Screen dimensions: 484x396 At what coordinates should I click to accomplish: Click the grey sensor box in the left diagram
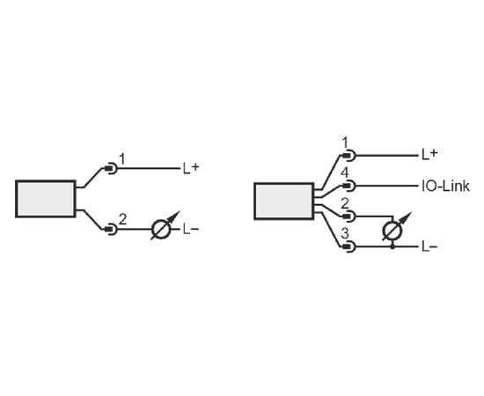click(46, 199)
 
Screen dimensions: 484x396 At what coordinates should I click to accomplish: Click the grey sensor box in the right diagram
click(284, 202)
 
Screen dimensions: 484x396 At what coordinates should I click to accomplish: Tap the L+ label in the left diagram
click(191, 168)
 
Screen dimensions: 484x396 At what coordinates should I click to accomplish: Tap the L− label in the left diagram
click(191, 230)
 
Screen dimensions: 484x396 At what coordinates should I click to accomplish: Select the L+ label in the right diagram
click(429, 154)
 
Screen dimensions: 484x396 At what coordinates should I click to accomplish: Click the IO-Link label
click(445, 186)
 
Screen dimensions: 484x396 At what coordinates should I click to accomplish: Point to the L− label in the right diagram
click(429, 246)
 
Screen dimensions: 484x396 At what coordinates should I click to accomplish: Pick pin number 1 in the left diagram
click(122, 159)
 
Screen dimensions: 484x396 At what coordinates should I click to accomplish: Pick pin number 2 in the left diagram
click(122, 219)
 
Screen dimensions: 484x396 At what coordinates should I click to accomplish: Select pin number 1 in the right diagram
click(345, 143)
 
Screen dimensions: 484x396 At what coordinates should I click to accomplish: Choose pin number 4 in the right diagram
click(345, 173)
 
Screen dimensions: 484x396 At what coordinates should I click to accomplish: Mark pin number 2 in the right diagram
click(345, 203)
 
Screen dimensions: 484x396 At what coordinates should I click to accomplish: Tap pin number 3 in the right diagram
click(345, 234)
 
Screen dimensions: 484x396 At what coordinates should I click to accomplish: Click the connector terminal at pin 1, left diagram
click(111, 169)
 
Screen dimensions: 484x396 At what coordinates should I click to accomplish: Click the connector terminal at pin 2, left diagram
click(111, 230)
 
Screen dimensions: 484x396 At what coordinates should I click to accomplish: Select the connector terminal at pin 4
click(348, 186)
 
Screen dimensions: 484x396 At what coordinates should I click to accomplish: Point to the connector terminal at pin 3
click(348, 246)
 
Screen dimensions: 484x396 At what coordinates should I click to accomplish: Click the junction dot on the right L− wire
click(392, 246)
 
